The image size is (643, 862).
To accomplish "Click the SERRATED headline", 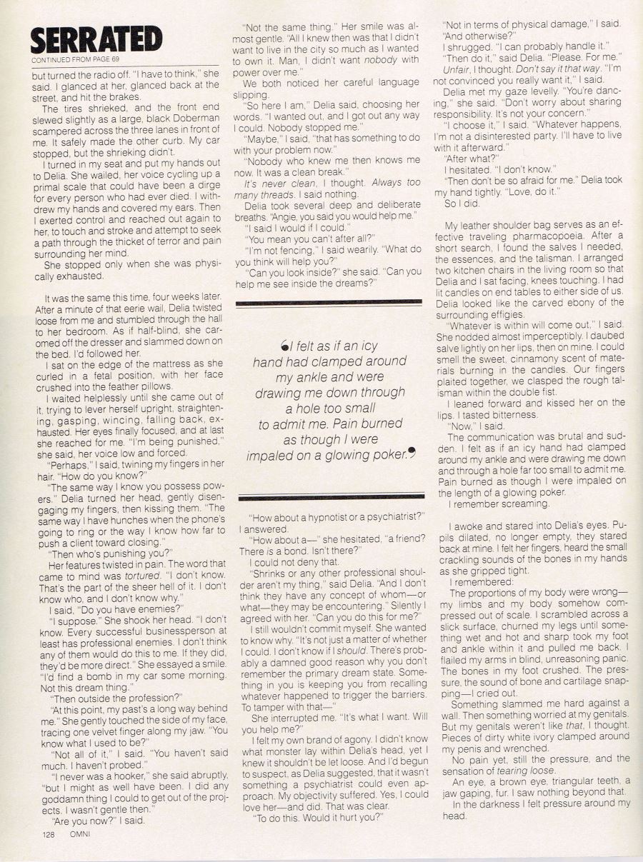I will [96, 39].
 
